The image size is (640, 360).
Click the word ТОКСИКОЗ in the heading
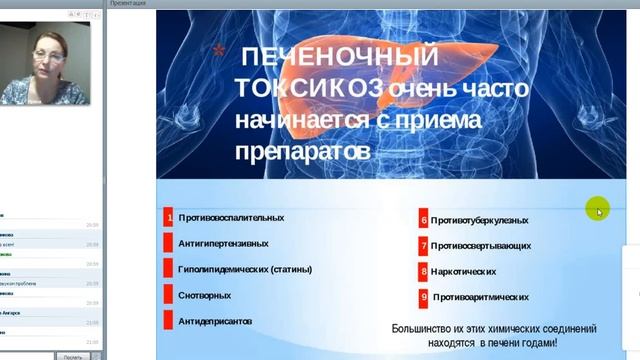309,88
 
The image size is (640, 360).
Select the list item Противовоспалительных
231,217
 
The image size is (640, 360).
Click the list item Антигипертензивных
223,243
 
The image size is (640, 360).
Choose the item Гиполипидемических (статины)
245,268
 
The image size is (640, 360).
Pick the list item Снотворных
205,295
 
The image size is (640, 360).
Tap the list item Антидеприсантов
215,321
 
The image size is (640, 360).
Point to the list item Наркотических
464,271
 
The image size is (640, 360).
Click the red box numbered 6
424,220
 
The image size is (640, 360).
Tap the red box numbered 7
424,245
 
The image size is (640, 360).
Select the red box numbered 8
424,271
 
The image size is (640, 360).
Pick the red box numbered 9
424,297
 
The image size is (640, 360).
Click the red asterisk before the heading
219,51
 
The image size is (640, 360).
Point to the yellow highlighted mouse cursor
598,209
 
